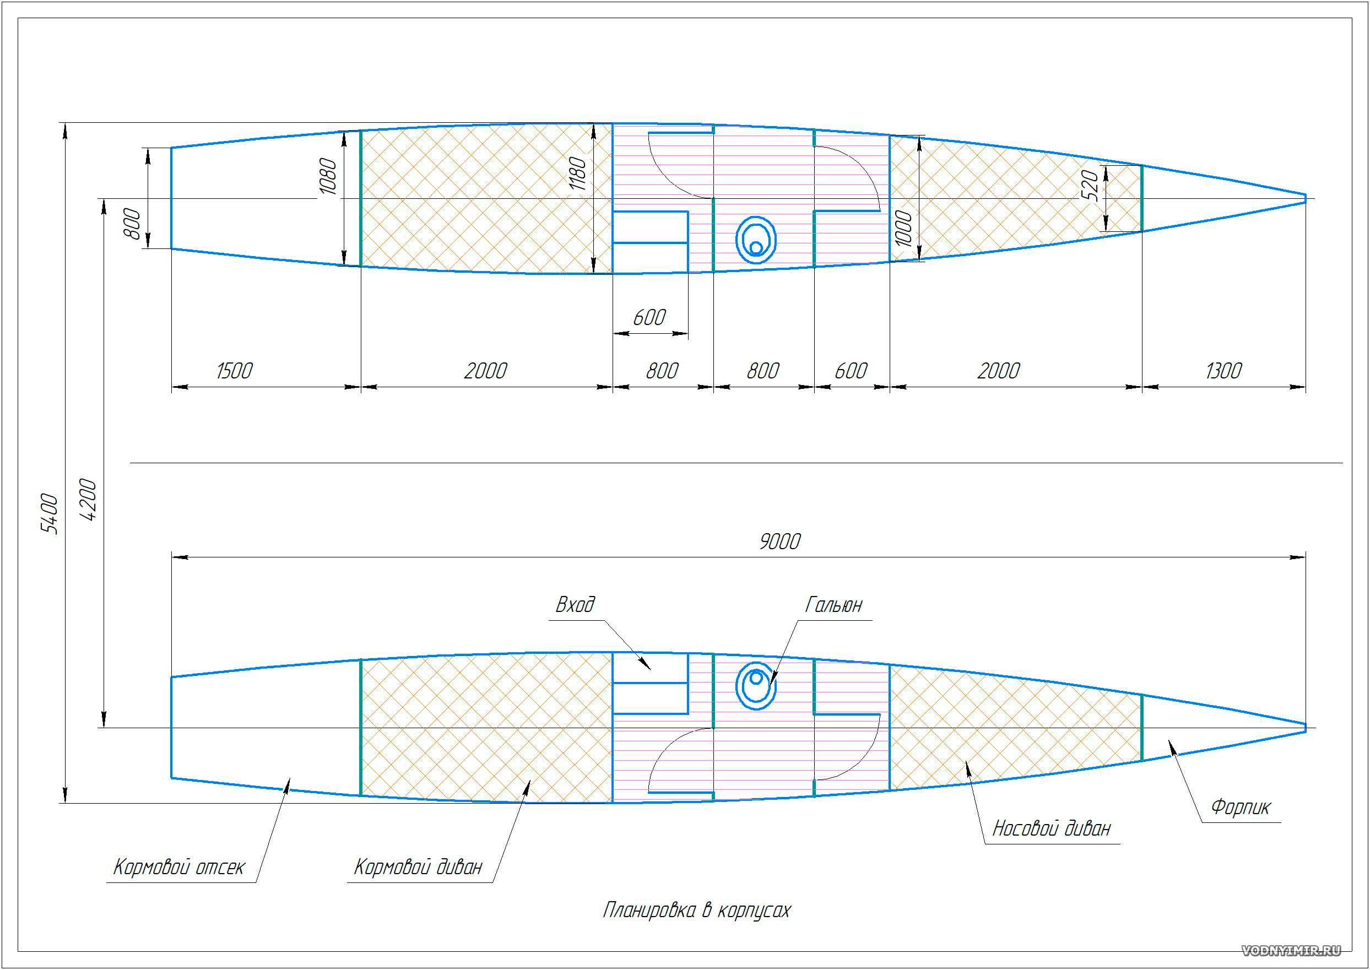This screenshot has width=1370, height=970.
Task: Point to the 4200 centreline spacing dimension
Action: tap(88, 498)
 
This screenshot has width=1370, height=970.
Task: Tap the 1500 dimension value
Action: tap(234, 370)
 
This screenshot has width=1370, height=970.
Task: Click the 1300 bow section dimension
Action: tap(1223, 370)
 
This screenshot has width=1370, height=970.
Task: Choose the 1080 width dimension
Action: tap(328, 176)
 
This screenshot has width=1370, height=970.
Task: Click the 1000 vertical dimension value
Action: tap(903, 228)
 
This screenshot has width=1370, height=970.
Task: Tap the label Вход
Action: tap(575, 604)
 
